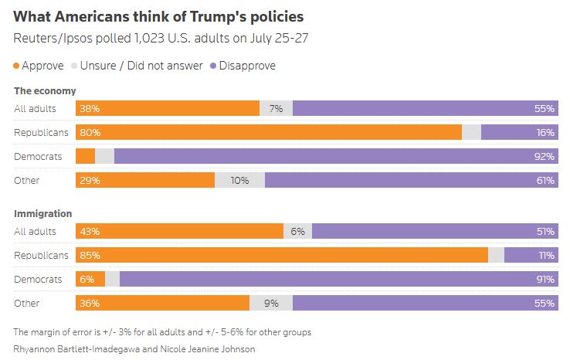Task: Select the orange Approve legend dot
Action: pyautogui.click(x=17, y=66)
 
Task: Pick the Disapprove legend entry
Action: pyautogui.click(x=243, y=66)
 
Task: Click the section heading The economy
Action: pyautogui.click(x=45, y=91)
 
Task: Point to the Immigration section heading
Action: pyautogui.click(x=43, y=213)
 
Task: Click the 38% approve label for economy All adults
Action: pyautogui.click(x=89, y=109)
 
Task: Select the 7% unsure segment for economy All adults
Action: pyautogui.click(x=276, y=109)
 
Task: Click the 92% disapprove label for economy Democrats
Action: pyautogui.click(x=544, y=156)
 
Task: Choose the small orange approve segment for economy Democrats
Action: pyautogui.click(x=85, y=156)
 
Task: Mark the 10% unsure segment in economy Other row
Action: pyautogui.click(x=239, y=180)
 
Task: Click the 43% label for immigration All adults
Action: pyautogui.click(x=89, y=231)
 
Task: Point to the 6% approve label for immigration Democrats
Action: pyautogui.click(x=86, y=279)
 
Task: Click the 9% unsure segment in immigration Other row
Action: pyautogui.click(x=271, y=303)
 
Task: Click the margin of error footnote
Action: pyautogui.click(x=162, y=332)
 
